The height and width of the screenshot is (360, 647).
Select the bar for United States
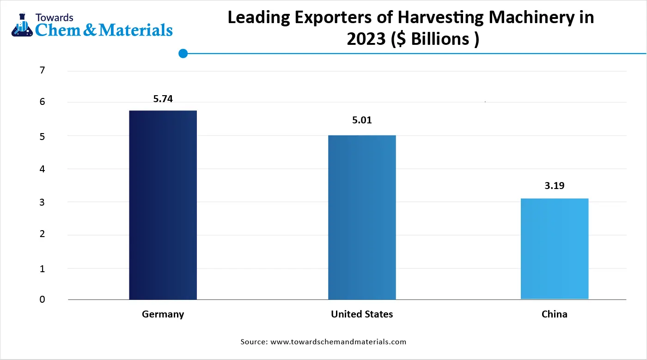(x=362, y=217)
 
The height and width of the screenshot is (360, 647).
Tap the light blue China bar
(x=554, y=249)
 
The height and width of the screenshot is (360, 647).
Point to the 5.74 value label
(x=163, y=98)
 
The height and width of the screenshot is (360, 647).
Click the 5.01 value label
(x=362, y=120)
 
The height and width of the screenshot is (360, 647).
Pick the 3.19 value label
(x=555, y=186)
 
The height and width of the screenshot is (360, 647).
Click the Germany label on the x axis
(x=163, y=314)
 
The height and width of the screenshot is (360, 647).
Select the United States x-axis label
(x=362, y=314)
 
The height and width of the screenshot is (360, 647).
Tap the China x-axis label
(x=554, y=314)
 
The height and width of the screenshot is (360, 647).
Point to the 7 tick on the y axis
(x=43, y=71)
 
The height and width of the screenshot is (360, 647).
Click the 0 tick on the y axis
(x=43, y=299)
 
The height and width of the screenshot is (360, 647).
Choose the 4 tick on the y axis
(x=43, y=169)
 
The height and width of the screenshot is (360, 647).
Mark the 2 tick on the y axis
(x=43, y=234)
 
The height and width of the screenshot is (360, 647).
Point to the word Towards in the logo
(x=54, y=18)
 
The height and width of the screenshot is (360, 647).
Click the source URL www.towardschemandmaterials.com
(x=338, y=342)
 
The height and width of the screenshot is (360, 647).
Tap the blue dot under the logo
(x=183, y=54)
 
